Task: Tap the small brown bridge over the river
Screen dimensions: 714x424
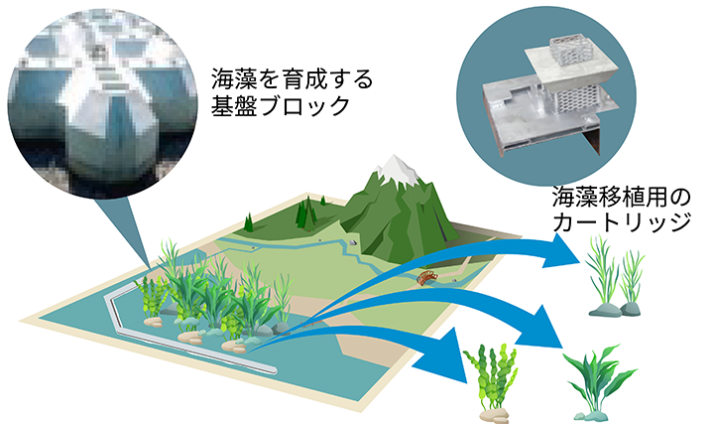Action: pyautogui.click(x=426, y=277)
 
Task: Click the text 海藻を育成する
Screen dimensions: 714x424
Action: pyautogui.click(x=292, y=78)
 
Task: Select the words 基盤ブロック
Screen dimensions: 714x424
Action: pyautogui.click(x=280, y=105)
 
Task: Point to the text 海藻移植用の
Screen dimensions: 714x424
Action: pyautogui.click(x=621, y=197)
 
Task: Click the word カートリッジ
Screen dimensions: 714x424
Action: pyautogui.click(x=622, y=222)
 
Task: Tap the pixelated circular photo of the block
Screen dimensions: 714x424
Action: pyautogui.click(x=103, y=103)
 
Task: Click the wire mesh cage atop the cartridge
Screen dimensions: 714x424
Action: pyautogui.click(x=569, y=51)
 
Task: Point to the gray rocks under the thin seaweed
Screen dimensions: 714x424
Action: pyautogui.click(x=615, y=310)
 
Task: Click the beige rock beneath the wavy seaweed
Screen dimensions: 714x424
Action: pyautogui.click(x=494, y=415)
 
